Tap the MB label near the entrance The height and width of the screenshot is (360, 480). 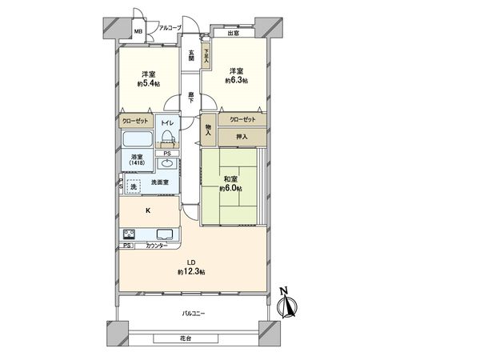coord(138,33)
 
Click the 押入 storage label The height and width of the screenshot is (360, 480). coord(242,137)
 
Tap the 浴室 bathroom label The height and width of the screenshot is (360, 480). coord(138,158)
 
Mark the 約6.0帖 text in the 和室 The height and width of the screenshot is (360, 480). coord(231,189)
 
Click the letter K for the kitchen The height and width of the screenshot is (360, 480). coord(147,210)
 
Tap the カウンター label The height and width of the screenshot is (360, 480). coord(156,246)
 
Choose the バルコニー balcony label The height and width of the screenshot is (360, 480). coord(194,313)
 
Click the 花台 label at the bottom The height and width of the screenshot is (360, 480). coord(186,339)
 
